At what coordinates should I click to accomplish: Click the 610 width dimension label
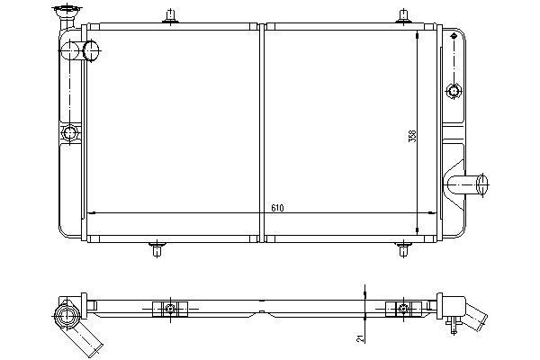coord(277,208)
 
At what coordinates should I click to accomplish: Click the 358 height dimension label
coord(412,136)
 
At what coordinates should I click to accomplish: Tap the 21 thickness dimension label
coord(360,339)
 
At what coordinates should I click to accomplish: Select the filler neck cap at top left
coord(67,11)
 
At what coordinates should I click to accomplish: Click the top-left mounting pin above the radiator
coord(170,17)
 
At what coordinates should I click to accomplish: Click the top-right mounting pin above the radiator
coord(403,16)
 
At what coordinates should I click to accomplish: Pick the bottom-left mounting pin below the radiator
coord(157,249)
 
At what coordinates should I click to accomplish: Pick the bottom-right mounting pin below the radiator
coord(403,249)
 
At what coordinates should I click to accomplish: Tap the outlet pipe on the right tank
coord(466,184)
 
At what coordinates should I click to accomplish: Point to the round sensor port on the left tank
coord(70,133)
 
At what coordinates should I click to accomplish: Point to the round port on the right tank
coord(454,91)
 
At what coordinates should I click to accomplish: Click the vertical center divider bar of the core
coord(262,133)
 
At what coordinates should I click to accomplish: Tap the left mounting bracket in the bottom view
coord(170,309)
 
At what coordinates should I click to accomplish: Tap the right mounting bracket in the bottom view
coord(403,309)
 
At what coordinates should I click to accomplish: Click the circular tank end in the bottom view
coord(67,314)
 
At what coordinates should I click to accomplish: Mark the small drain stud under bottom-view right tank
coord(454,325)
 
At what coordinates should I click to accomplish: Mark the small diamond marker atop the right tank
coord(454,35)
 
